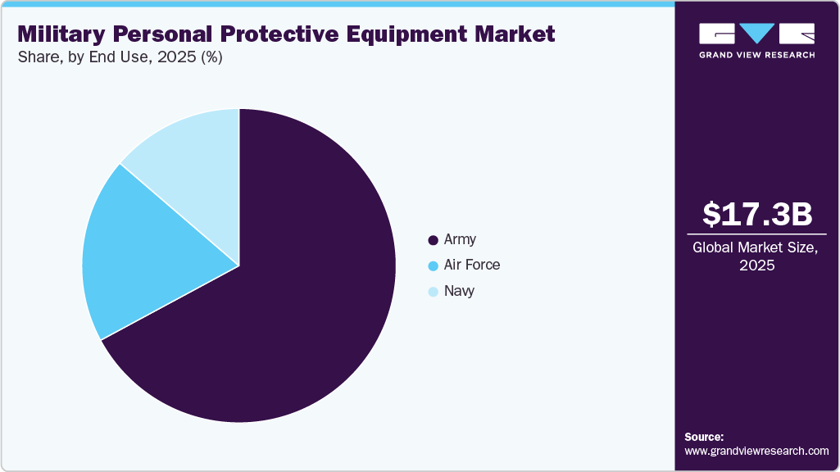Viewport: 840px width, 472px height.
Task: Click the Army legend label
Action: coord(460,240)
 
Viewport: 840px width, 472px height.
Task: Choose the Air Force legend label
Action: coord(471,265)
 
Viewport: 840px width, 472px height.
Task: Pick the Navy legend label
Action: coord(459,291)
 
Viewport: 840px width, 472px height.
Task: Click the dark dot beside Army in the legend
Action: coord(433,241)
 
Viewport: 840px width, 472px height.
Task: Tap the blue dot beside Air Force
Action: coord(433,266)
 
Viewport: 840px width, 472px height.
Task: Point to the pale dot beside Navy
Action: coord(433,292)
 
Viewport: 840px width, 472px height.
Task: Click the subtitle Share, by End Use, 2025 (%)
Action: coord(120,58)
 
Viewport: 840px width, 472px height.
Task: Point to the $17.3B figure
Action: coord(757,215)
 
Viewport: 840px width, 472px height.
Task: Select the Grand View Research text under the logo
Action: coord(756,56)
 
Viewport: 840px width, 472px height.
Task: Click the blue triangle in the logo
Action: coord(756,34)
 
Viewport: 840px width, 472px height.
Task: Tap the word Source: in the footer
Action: coord(704,437)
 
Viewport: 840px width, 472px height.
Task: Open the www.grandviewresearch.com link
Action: coord(756,451)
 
